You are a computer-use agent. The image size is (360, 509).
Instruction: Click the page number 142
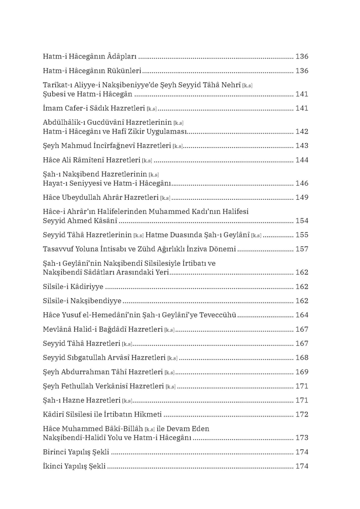pyautogui.click(x=301, y=131)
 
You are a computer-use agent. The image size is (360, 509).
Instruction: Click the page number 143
pyautogui.click(x=301, y=146)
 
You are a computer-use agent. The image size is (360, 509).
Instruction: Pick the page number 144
pyautogui.click(x=301, y=160)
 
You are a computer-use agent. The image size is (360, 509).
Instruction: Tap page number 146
pyautogui.click(x=301, y=184)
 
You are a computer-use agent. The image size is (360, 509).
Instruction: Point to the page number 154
pyautogui.click(x=301, y=221)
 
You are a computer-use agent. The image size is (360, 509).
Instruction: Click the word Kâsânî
pyautogui.click(x=105, y=221)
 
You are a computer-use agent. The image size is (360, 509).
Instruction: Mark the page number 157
pyautogui.click(x=301, y=249)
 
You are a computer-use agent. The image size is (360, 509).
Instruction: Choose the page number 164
pyautogui.click(x=301, y=315)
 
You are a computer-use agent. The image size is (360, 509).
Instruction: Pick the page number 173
pyautogui.click(x=301, y=438)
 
